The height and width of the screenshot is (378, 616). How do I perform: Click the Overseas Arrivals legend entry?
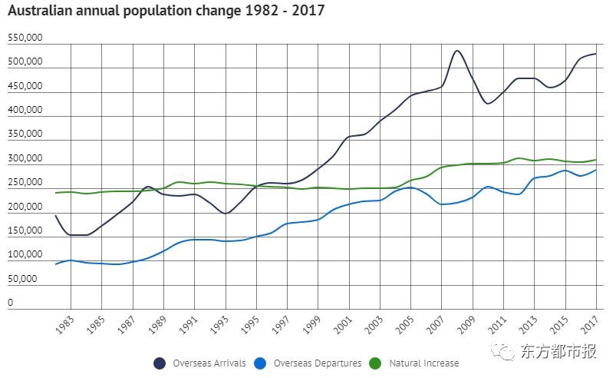203,363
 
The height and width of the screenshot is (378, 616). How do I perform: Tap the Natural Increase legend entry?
423,363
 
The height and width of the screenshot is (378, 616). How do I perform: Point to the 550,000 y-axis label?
25,37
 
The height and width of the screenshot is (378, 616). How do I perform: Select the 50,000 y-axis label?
22,278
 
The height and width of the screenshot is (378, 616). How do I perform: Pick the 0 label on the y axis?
11,303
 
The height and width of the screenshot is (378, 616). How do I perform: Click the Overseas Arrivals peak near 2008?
457,51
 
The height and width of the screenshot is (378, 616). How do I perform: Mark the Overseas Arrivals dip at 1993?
226,214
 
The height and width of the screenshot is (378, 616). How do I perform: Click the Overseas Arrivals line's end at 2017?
596,54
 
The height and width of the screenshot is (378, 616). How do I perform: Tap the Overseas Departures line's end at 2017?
596,170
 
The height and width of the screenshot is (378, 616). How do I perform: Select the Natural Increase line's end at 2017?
596,160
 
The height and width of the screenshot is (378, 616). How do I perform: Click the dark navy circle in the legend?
160,363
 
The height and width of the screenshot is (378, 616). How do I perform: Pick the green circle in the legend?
375,363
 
